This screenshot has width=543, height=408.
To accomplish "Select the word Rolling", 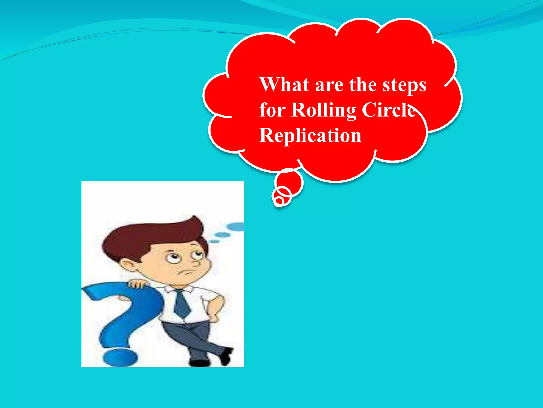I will [x=323, y=110].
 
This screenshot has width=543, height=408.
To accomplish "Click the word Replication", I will [x=310, y=135].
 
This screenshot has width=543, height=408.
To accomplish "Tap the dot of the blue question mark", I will [x=120, y=358].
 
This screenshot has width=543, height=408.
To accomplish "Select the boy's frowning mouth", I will [x=187, y=273].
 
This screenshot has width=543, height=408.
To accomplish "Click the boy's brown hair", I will [x=148, y=236].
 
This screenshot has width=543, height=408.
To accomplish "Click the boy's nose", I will [x=196, y=263].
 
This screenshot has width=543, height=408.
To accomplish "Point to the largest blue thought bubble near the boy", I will [x=236, y=226].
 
